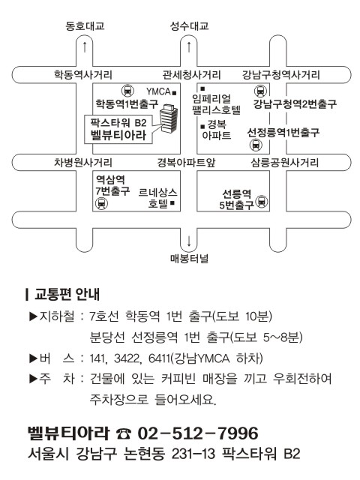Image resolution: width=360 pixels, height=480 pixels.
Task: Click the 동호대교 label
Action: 85,25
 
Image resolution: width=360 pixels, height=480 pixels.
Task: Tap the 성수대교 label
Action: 190,25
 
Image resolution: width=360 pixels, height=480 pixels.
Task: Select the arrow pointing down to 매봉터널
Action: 189,241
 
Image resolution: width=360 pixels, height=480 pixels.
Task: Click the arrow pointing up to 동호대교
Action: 85,46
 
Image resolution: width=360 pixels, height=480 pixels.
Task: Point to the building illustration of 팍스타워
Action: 169,118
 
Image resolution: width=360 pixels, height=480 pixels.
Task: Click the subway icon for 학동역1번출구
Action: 127,91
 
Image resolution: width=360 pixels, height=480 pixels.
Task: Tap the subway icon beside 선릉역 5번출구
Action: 262,202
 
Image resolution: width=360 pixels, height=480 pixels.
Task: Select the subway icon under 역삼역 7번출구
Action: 101,203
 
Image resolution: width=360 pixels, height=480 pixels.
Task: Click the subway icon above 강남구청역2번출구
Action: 260,91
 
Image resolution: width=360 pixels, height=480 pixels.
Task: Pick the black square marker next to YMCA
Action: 175,92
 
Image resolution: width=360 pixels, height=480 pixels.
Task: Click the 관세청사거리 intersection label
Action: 192,75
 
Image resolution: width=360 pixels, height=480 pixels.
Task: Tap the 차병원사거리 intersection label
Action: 83,162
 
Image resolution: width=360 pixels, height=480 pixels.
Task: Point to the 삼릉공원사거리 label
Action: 285,162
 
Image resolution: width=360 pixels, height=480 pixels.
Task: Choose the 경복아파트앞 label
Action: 186,162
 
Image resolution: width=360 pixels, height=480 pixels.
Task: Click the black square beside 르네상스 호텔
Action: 172,202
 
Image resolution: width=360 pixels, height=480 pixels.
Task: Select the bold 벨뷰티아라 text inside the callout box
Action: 118,135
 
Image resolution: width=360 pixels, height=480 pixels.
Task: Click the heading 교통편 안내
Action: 67,294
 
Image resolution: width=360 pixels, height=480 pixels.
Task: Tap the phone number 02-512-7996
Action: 198,433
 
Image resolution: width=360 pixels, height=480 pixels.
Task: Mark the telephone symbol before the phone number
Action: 123,433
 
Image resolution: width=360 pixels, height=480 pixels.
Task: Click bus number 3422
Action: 127,358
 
